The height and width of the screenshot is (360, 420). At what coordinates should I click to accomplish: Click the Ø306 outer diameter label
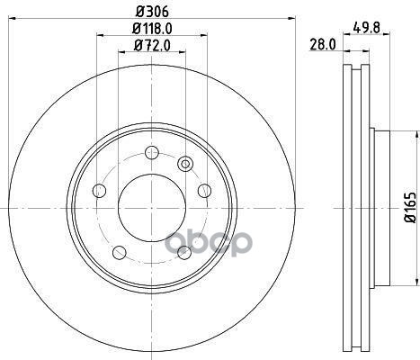(x=152, y=12)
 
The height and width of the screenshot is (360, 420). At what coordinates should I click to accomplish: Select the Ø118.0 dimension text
(x=152, y=29)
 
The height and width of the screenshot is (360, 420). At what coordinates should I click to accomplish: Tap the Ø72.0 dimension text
(x=152, y=46)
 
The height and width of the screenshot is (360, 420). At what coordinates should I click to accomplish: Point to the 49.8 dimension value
(x=366, y=28)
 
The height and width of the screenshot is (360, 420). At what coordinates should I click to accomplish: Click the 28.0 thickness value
(x=322, y=45)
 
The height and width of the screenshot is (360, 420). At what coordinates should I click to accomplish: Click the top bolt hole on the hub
(x=152, y=152)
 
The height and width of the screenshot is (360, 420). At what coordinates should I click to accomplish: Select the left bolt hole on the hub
(x=100, y=191)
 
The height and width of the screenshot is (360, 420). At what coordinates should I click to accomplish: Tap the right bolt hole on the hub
(x=205, y=191)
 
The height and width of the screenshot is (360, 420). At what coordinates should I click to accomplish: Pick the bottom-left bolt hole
(x=120, y=253)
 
